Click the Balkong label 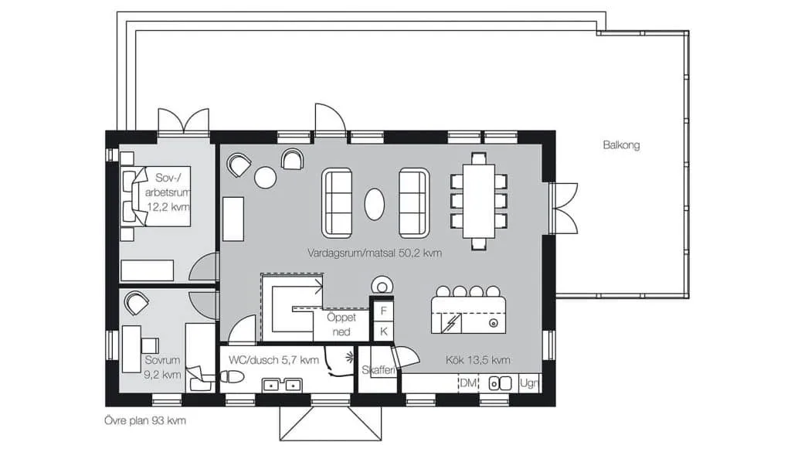(x=621, y=145)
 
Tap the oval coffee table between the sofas (x=375, y=204)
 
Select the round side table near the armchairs (x=266, y=177)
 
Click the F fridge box (x=383, y=311)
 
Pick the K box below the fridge (x=383, y=331)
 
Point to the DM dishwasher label (x=468, y=383)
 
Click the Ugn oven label (x=528, y=383)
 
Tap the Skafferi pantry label (x=378, y=370)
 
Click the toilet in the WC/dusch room (x=232, y=376)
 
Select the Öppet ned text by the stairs (x=341, y=325)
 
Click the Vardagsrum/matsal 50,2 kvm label (x=375, y=253)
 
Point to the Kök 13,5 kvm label (x=477, y=360)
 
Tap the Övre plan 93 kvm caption (x=145, y=420)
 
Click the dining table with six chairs (x=479, y=201)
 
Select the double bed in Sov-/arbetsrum (x=155, y=196)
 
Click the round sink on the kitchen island (x=494, y=323)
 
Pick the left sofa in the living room (x=337, y=202)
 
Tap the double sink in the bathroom (x=282, y=385)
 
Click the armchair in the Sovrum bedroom (x=136, y=303)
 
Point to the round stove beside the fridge (x=382, y=287)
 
